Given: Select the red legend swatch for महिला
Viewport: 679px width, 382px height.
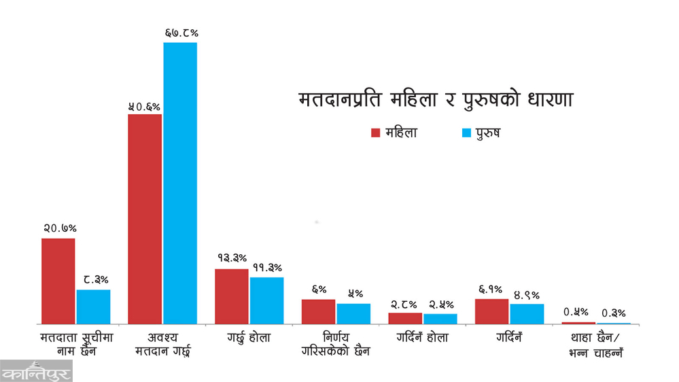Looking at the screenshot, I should coord(375,133).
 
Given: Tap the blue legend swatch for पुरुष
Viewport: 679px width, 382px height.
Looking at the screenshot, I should coord(466,133).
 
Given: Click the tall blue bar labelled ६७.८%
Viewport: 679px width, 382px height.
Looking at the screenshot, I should coord(180,183).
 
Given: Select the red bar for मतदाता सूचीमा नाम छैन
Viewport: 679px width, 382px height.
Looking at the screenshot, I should coord(58,281).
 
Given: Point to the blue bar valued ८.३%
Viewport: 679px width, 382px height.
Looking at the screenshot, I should coord(93,307).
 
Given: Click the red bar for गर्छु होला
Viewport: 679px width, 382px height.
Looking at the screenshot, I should coord(232,296).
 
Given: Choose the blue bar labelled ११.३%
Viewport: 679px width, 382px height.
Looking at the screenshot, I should coord(266,300).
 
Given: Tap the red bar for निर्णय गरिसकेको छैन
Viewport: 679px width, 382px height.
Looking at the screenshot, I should coord(319,311).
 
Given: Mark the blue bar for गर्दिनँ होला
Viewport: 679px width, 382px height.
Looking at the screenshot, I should coord(440,319).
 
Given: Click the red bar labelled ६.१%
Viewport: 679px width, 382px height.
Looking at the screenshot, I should coord(492,311).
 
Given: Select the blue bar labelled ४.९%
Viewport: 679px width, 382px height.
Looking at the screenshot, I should coord(527,313).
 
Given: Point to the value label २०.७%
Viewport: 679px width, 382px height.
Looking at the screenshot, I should coord(58,228).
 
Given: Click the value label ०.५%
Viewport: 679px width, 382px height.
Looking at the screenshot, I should coord(578,312).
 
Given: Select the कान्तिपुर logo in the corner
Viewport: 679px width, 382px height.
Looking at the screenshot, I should coord(36,371).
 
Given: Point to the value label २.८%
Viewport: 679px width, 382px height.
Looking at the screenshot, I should coord(406,303).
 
